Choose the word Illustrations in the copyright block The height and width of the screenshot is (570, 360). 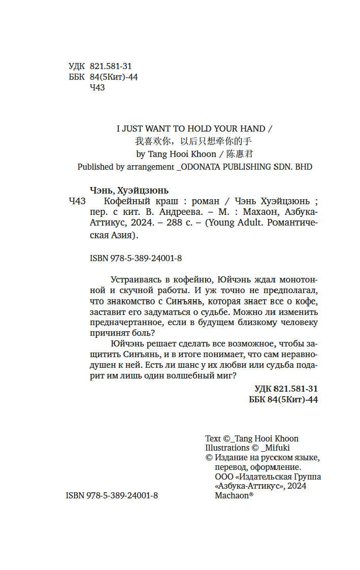click(x=226, y=448)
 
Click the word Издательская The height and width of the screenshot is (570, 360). click(x=267, y=477)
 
